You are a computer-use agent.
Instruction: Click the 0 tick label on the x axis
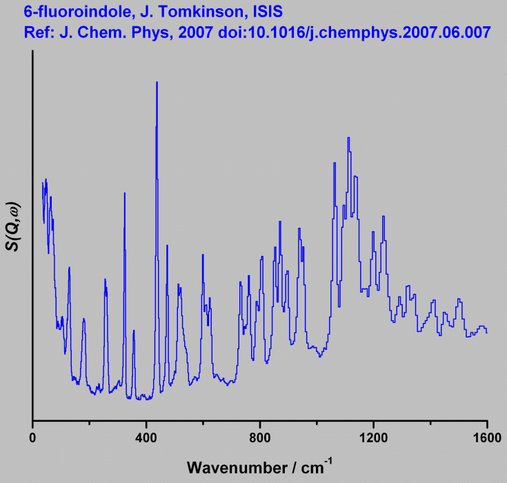pos(32,437)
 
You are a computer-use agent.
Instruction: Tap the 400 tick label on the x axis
pos(146,437)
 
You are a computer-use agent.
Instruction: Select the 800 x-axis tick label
pos(260,437)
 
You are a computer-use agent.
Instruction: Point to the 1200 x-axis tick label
pos(373,437)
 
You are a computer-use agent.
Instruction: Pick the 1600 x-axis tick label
pos(486,437)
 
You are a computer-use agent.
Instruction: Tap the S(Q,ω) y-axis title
pos(13,227)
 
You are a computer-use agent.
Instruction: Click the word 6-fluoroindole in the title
pos(66,12)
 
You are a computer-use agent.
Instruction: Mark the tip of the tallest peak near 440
pos(157,82)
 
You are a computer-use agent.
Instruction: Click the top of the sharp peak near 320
pos(124,193)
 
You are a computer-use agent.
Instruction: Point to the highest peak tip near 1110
pos(348,137)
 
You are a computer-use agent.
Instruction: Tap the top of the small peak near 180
pos(83,319)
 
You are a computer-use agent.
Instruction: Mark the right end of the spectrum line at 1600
pos(487,333)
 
